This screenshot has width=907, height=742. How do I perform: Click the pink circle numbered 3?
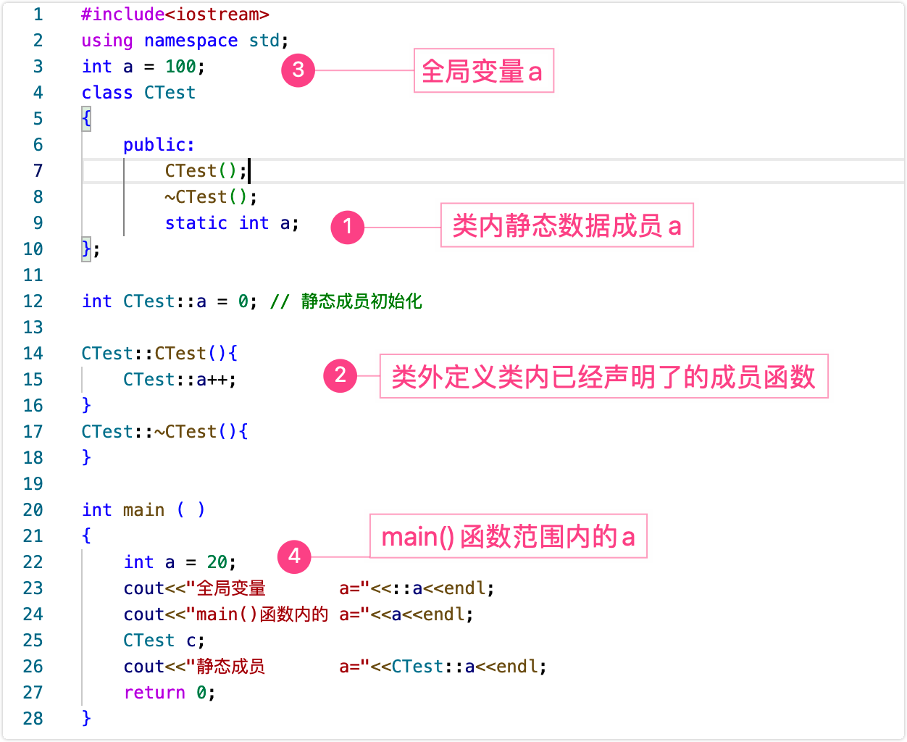[x=298, y=70]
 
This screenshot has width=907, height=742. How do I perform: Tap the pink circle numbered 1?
[x=348, y=227]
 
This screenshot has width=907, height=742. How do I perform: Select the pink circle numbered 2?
[x=340, y=376]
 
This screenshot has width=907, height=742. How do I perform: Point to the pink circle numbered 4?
[x=294, y=556]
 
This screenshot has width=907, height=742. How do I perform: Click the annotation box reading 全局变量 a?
[x=484, y=70]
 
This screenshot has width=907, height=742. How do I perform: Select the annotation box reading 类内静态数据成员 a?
[x=567, y=225]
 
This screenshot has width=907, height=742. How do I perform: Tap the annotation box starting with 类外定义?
[x=603, y=376]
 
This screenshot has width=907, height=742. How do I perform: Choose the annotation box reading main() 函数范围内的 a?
[x=509, y=536]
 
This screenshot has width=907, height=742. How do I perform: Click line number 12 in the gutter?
[x=33, y=301]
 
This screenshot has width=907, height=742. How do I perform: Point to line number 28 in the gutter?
[x=33, y=718]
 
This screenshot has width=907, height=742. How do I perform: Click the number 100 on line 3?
[x=180, y=66]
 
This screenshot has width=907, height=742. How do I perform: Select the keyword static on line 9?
[x=196, y=222]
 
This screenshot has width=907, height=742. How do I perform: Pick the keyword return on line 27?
[x=154, y=693]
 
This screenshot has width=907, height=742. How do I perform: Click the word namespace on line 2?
[x=191, y=41]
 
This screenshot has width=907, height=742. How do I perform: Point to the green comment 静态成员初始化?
[x=361, y=301]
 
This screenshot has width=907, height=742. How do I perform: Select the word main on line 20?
[x=143, y=509]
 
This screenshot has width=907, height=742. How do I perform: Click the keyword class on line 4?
[x=107, y=93]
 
